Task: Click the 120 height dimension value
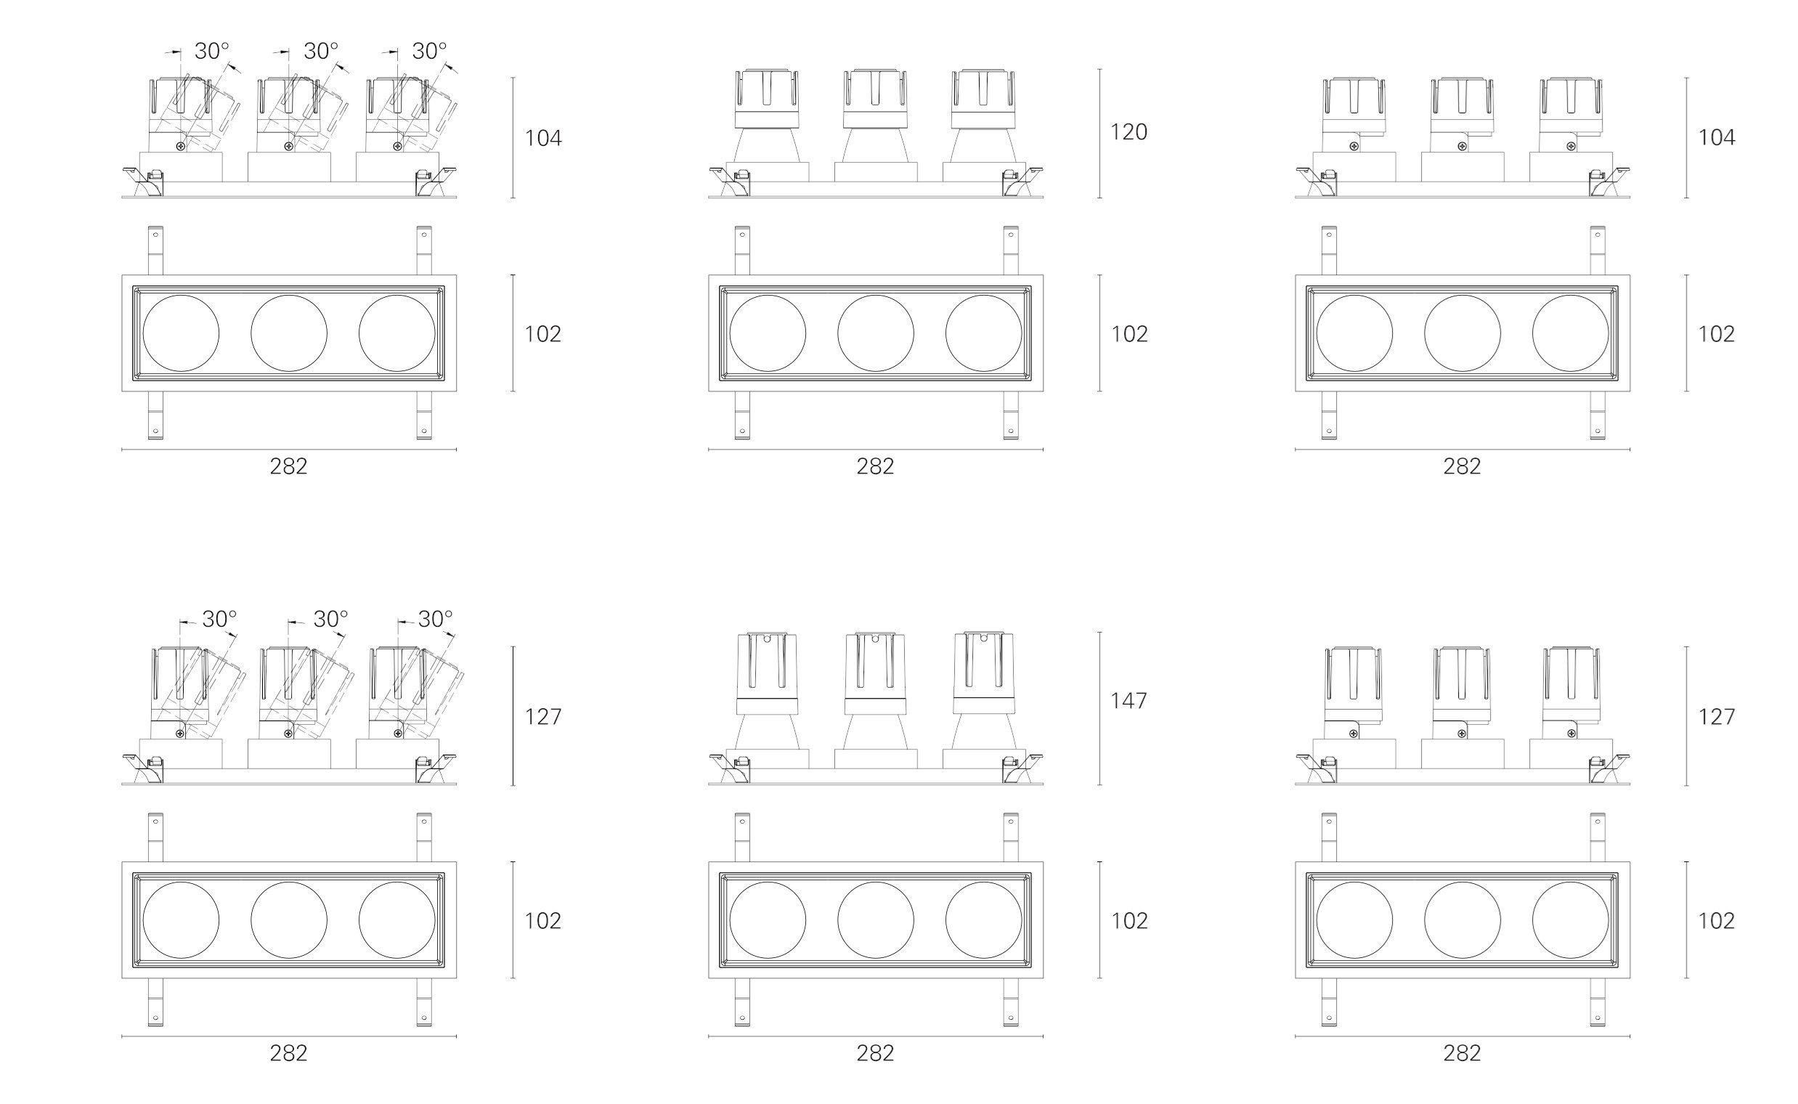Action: pos(1128,132)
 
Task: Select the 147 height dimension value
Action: pos(1128,701)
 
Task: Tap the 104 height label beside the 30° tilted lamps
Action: pos(543,138)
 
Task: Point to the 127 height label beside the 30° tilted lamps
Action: pos(543,717)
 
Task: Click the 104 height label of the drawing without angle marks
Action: pos(1716,138)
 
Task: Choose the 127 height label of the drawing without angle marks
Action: pos(1716,717)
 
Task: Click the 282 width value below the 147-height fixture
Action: pos(875,1053)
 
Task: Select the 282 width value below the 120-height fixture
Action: pos(875,466)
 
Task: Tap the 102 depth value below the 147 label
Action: pos(1129,921)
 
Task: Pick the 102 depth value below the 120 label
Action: pos(1129,333)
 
